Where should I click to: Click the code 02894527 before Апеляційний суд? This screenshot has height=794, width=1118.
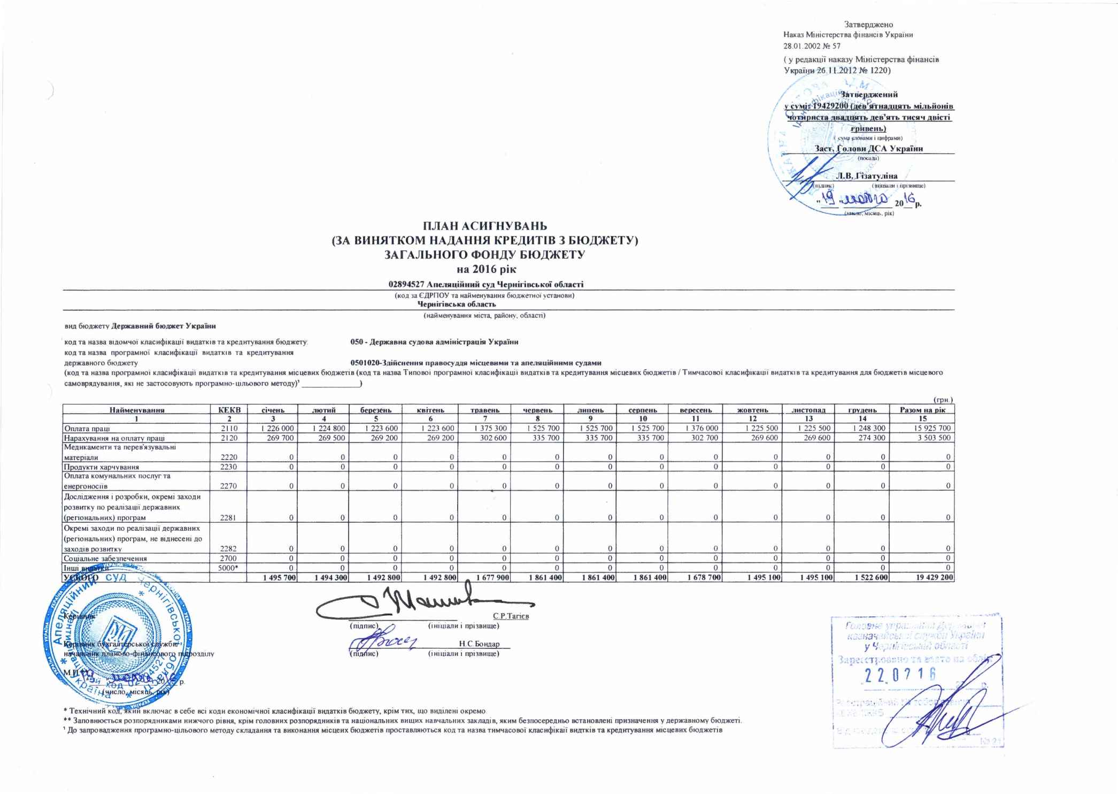click(x=406, y=284)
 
